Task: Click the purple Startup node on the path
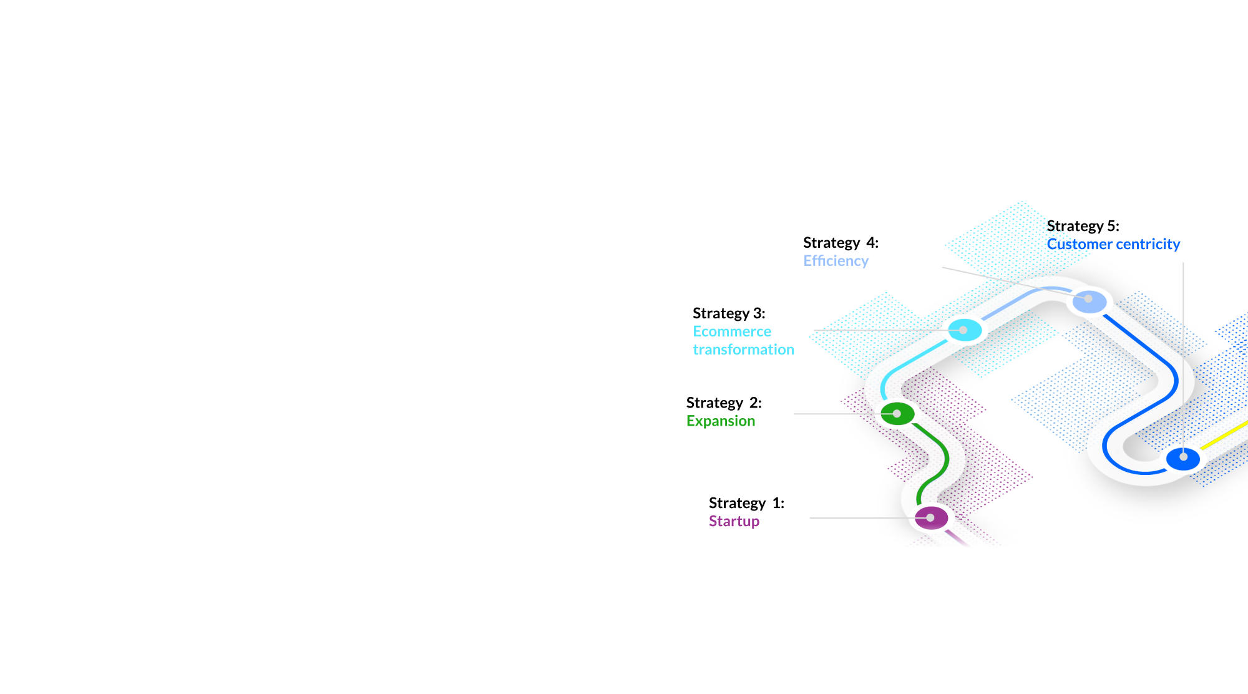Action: click(x=931, y=518)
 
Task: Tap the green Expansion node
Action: click(x=897, y=413)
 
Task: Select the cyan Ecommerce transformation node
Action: click(x=965, y=330)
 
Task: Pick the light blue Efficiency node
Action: click(x=1090, y=302)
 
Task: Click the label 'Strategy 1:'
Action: click(x=746, y=503)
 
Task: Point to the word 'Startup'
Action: click(x=734, y=521)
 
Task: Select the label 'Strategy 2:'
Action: click(x=724, y=403)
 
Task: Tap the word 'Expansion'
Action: click(x=721, y=421)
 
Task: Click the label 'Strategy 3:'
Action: click(x=729, y=313)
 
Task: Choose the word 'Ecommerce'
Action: click(x=732, y=331)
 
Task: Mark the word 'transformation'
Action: click(x=743, y=349)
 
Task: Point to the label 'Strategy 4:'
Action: click(x=841, y=243)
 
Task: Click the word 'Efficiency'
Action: click(x=836, y=261)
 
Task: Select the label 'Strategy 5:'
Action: click(x=1083, y=226)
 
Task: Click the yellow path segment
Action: click(x=1224, y=435)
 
